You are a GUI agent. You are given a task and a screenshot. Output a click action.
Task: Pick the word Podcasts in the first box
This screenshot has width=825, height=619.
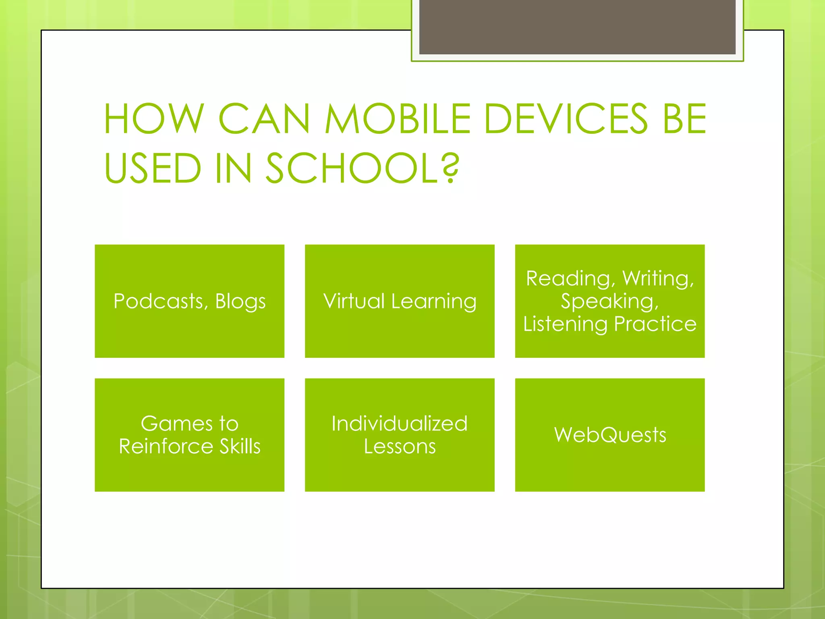160,301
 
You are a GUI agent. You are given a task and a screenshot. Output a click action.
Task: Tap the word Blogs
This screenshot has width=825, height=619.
240,301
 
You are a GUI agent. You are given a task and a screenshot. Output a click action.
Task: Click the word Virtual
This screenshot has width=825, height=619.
354,301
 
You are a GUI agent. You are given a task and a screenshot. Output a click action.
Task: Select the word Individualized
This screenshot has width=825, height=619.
400,424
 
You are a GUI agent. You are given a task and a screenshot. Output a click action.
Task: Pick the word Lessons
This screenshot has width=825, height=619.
400,447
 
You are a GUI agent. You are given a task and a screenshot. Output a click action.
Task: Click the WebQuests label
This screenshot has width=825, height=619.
610,435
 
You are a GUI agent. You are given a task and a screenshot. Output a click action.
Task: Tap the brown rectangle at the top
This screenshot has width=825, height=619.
577,27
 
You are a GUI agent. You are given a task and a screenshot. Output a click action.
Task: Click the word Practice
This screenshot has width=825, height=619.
655,324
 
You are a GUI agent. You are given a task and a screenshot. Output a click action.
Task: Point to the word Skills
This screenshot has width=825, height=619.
240,447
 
